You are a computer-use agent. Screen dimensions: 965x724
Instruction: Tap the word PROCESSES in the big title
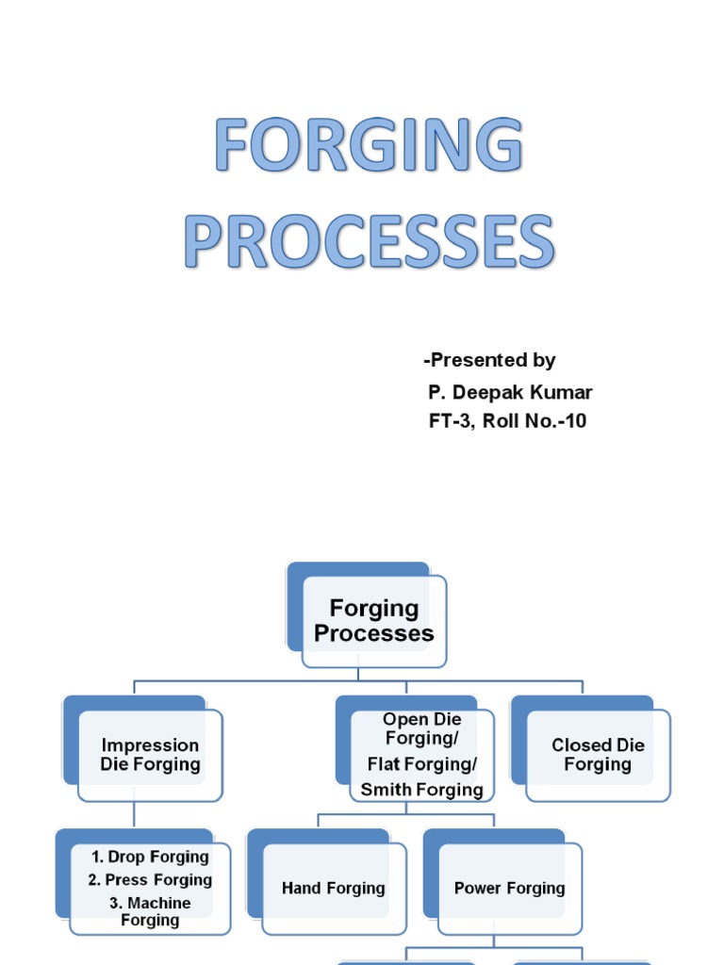point(368,242)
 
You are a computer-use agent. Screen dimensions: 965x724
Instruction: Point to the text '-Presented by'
point(489,360)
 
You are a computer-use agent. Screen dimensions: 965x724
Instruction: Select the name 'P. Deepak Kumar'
point(510,392)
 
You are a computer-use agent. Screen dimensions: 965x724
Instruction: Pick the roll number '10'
point(575,421)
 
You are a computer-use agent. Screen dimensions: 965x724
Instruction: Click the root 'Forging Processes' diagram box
point(373,621)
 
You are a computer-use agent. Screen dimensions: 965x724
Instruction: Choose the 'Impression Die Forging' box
point(150,755)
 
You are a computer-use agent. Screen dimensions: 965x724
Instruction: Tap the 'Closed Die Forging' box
point(598,755)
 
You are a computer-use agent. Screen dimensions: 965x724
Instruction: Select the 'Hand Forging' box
point(333,888)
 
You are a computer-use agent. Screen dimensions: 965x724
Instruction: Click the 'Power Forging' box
point(509,888)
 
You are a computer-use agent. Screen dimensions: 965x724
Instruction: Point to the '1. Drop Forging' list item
point(150,857)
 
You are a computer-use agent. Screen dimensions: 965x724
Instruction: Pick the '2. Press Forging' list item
point(150,879)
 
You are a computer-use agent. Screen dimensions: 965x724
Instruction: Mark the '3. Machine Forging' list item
point(150,910)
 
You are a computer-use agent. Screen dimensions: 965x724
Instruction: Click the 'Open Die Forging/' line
point(421,729)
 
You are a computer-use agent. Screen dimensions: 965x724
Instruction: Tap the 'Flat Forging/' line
point(421,763)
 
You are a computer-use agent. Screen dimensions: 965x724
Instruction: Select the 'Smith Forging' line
point(421,790)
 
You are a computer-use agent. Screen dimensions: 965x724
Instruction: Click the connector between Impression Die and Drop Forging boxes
point(134,815)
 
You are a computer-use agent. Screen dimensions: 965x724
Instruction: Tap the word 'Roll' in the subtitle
point(502,421)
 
